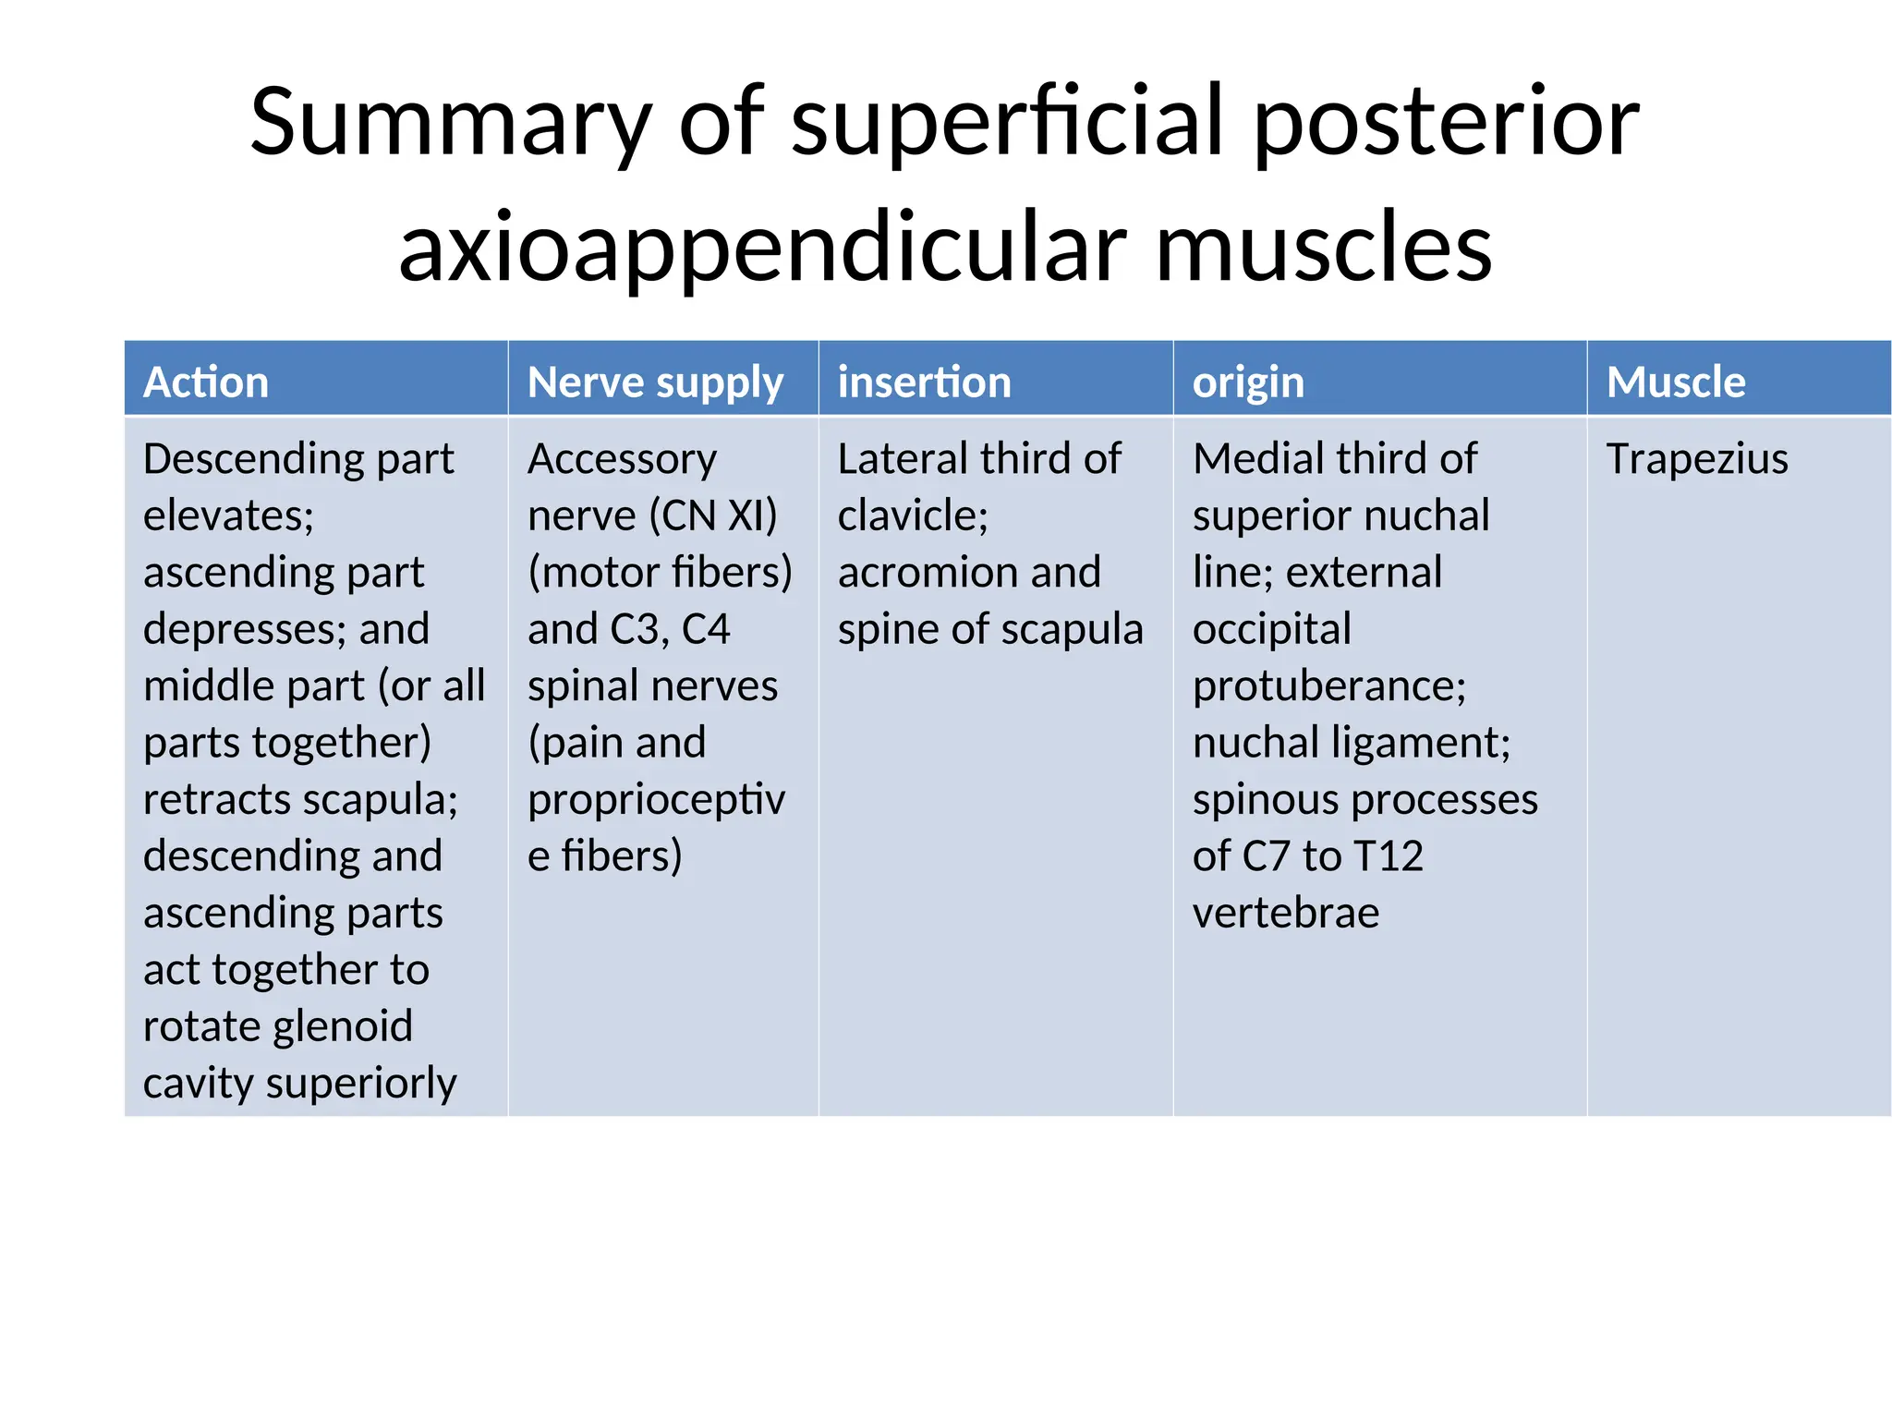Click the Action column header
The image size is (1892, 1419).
[x=206, y=382]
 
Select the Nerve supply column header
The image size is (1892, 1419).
[x=655, y=382]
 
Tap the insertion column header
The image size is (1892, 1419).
[x=924, y=382]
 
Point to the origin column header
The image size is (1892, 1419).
[x=1248, y=382]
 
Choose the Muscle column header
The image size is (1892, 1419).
[x=1676, y=382]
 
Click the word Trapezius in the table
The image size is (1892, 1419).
[x=1697, y=459]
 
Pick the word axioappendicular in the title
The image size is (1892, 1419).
[x=762, y=248]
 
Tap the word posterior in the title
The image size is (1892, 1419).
[x=1446, y=123]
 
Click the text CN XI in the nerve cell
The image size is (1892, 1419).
[x=712, y=515]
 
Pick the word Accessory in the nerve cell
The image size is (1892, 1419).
[x=622, y=459]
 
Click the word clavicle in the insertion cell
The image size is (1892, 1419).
[x=911, y=515]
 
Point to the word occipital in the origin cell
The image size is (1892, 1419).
[x=1271, y=629]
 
